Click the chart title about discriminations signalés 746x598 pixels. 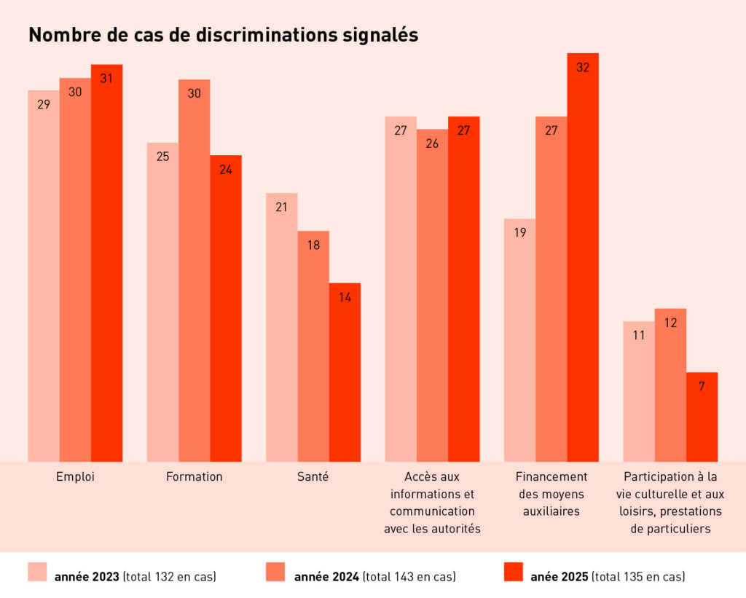coord(223,35)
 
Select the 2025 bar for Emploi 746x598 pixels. coord(106,262)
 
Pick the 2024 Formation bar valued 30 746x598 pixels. coord(194,270)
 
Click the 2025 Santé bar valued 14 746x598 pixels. coord(345,371)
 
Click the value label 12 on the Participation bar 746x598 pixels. coord(670,322)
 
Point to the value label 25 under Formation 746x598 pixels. coord(162,156)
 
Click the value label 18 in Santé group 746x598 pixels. coord(313,245)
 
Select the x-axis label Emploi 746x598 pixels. coord(75,477)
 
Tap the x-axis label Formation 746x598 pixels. coord(194,477)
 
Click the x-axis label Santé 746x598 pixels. coord(313,477)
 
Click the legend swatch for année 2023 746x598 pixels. coord(37,572)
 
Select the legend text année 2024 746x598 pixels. coord(326,577)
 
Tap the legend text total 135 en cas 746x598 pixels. coord(638,577)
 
